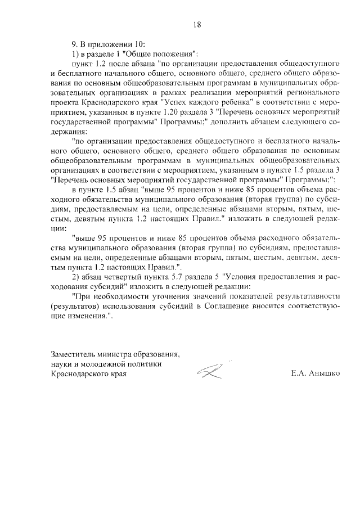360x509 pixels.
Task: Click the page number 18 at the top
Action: click(x=197, y=24)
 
